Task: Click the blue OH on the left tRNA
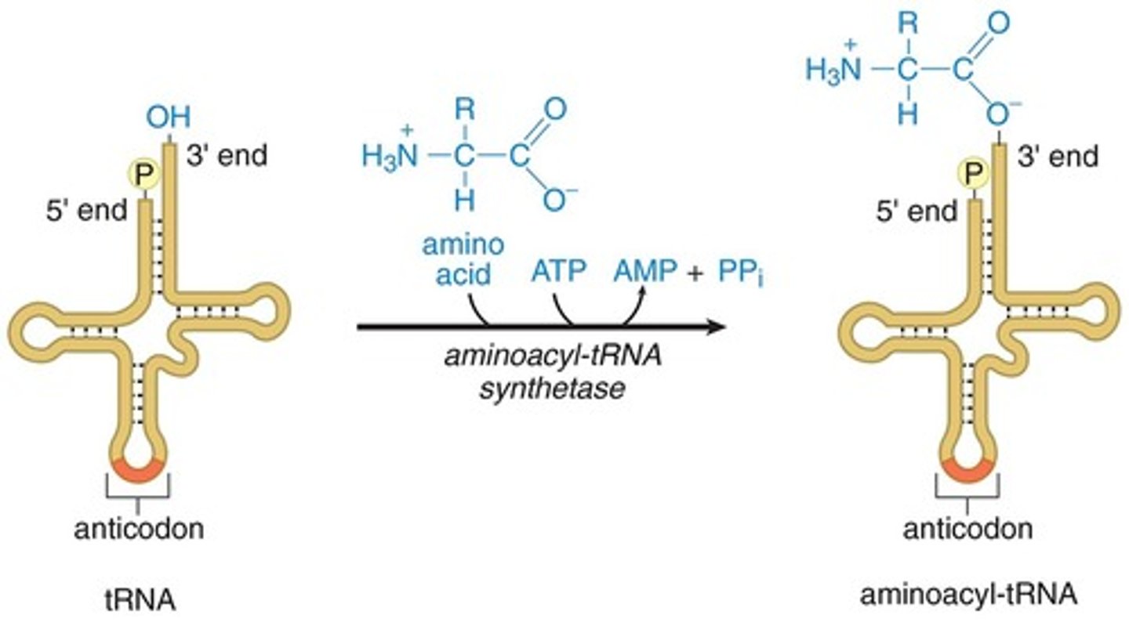pos(169,119)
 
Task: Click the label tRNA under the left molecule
pos(140,601)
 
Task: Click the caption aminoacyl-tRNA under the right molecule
pos(968,595)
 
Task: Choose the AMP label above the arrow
pos(644,272)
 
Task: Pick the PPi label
pos(739,273)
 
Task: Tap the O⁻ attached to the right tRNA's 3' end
pos(1000,114)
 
